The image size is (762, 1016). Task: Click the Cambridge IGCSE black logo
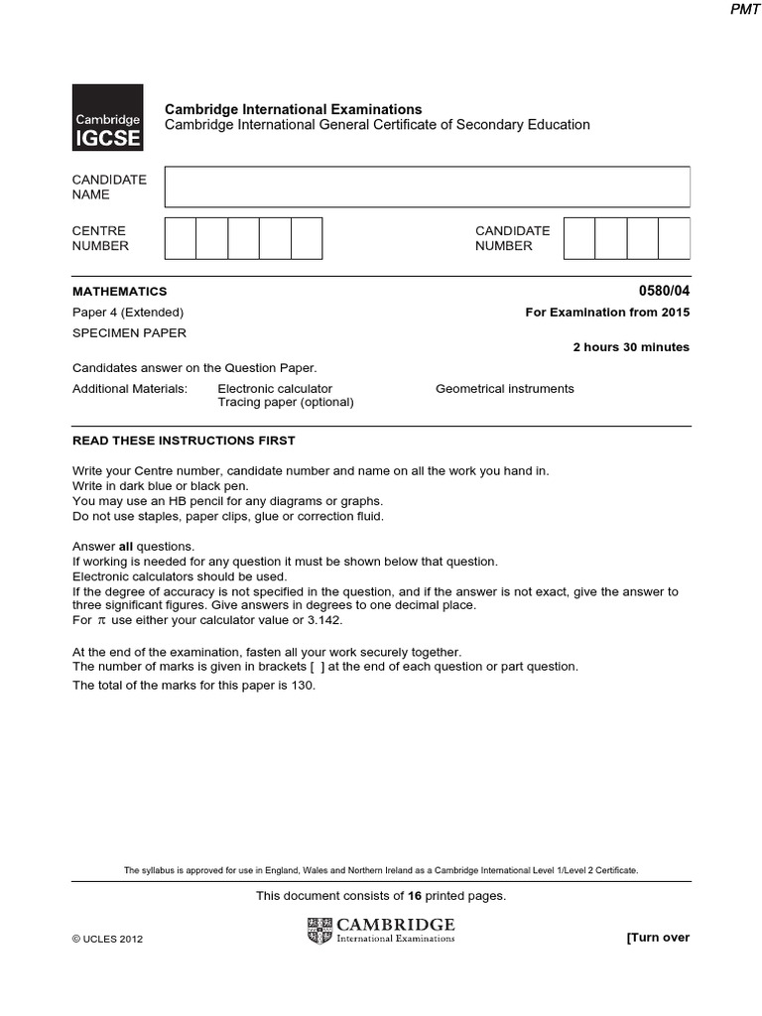click(x=107, y=117)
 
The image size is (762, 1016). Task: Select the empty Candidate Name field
click(x=427, y=187)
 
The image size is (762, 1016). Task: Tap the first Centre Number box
click(x=181, y=238)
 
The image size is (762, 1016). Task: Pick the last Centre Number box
click(x=307, y=238)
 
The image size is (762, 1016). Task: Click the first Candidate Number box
click(x=579, y=238)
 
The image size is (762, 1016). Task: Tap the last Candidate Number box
click(x=674, y=238)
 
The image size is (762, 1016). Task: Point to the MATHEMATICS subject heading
click(x=120, y=292)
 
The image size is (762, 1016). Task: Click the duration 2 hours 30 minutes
click(x=631, y=347)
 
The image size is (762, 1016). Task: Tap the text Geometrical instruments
click(x=504, y=389)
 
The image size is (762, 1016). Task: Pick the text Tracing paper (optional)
click(x=285, y=403)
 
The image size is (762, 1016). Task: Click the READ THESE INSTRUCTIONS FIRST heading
click(x=184, y=441)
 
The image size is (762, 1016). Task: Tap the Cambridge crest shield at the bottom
click(x=320, y=931)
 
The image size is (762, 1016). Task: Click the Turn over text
click(x=657, y=938)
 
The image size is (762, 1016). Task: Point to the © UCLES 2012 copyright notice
click(x=108, y=940)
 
